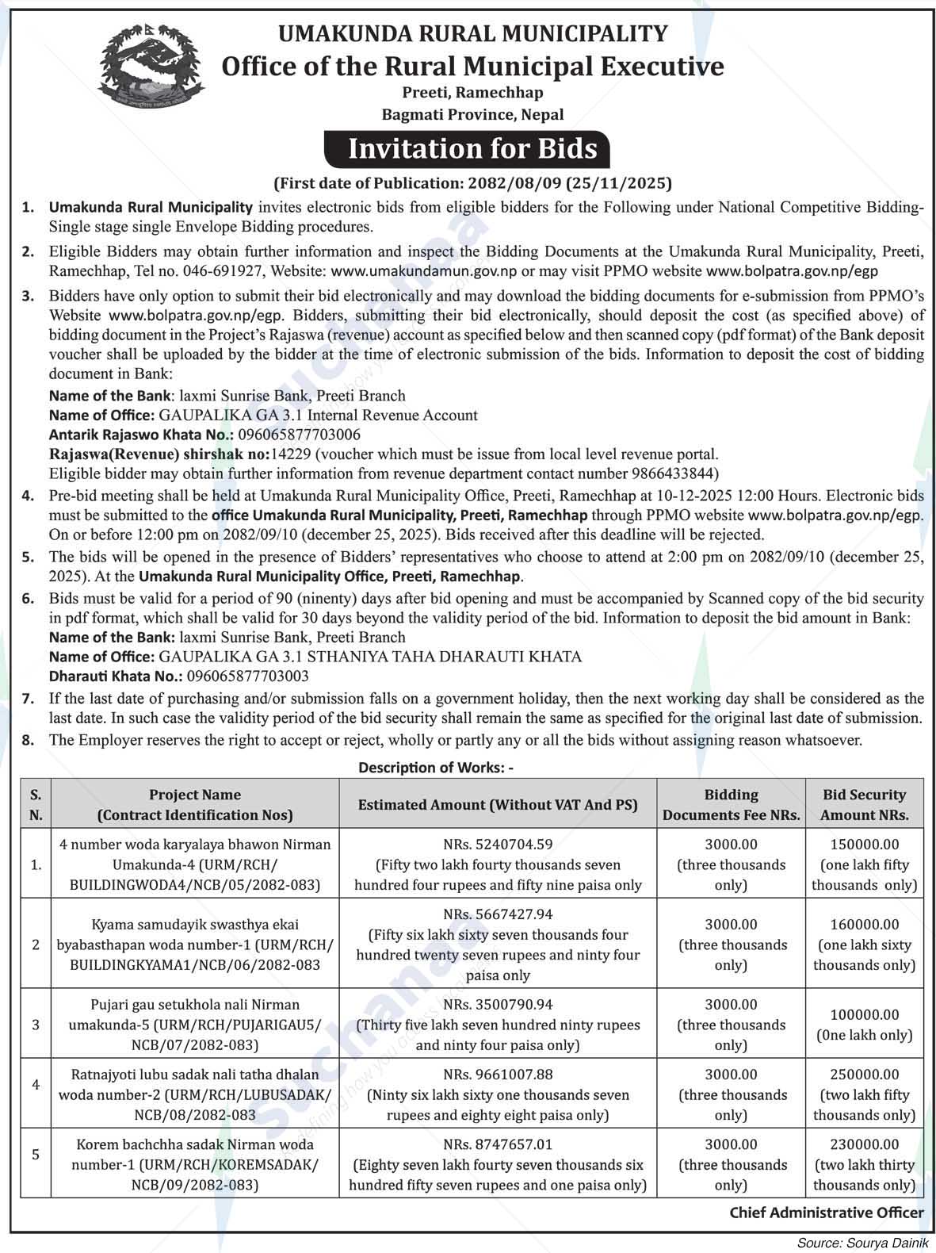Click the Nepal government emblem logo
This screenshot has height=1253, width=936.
pos(147,69)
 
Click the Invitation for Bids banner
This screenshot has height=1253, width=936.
pos(472,149)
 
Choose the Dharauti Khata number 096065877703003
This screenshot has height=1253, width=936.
pos(247,676)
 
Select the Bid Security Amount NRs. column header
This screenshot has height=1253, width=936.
pos(864,804)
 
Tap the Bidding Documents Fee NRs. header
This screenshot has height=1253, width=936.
pos(731,804)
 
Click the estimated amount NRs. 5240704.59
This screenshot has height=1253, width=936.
pos(498,845)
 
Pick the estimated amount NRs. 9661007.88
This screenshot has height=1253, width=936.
pos(498,1075)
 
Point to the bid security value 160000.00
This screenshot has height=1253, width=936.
pos(864,925)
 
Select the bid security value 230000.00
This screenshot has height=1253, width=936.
pos(864,1144)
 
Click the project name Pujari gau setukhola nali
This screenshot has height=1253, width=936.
pos(194,1005)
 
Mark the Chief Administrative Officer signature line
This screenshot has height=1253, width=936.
pos(826,1213)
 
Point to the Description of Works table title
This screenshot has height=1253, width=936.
pos(436,768)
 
